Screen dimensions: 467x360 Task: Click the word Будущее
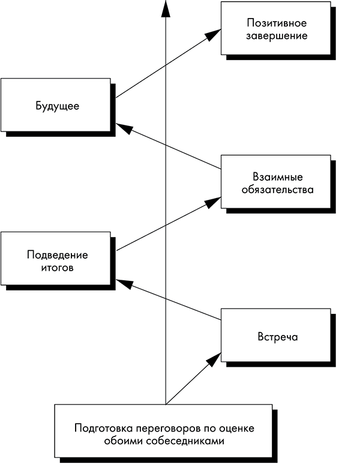click(58, 106)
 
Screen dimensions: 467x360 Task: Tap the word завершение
click(277, 35)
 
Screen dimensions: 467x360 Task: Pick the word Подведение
click(58, 255)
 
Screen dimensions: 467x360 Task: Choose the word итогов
click(58, 267)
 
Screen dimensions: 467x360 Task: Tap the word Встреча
click(277, 337)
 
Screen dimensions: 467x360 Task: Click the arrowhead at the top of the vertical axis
click(165, 7)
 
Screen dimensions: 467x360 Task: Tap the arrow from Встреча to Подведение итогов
click(168, 299)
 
